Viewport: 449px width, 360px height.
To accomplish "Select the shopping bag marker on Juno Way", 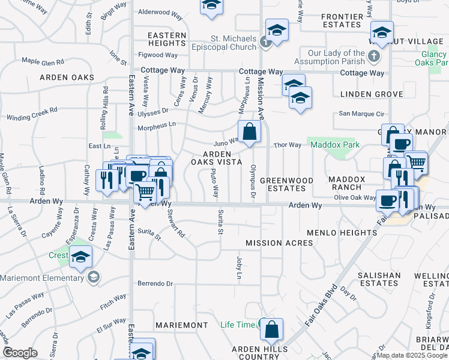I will (249, 133).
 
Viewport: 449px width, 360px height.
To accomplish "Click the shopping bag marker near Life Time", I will (271, 330).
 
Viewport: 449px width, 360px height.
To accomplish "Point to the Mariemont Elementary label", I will (42, 278).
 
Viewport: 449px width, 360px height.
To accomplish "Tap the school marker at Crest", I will (80, 257).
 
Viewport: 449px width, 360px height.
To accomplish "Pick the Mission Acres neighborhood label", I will (279, 243).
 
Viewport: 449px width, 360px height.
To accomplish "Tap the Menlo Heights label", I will (341, 232).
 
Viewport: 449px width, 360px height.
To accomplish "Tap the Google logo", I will (20, 353).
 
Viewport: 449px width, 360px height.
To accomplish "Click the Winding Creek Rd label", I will (31, 110).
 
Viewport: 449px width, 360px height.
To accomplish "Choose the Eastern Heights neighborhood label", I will (167, 40).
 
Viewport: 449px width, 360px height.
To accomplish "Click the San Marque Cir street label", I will (361, 113).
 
